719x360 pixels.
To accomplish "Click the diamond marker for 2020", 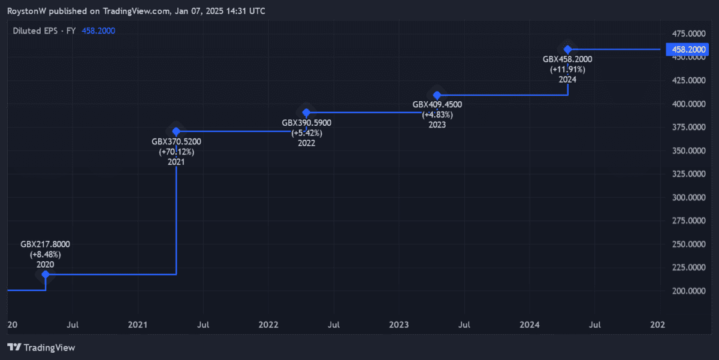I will coord(46,274).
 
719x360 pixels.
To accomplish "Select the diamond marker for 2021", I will coord(176,131).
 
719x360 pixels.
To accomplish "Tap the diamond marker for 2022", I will coord(306,113).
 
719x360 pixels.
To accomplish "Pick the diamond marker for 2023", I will coord(437,95).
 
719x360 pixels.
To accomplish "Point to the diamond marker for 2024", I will coord(567,49).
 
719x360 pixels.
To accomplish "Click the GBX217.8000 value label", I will coord(46,244).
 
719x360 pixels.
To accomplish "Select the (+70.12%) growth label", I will coord(176,152).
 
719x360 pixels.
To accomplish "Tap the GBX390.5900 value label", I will coord(306,123).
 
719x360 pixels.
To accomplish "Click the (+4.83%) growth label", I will coord(437,114).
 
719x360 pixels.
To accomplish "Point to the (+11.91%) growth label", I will coord(567,69).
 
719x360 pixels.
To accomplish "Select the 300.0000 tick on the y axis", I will coord(688,197).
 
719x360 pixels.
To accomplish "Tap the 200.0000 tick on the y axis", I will coord(688,291).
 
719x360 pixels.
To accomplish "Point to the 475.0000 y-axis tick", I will coord(688,33).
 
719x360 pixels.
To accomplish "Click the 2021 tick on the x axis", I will coord(138,325).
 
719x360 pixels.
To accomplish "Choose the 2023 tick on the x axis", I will coord(399,325).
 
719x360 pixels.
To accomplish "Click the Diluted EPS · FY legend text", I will coord(44,31).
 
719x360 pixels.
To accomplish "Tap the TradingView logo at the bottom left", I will coord(41,347).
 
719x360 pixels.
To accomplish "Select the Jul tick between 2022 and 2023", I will coord(334,325).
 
